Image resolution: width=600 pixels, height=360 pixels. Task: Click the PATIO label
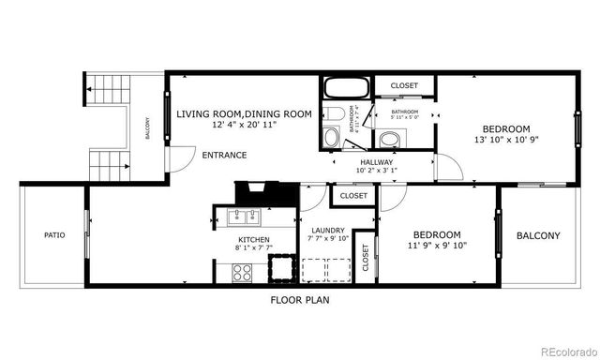(x=54, y=235)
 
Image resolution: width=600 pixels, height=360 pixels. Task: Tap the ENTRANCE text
(x=224, y=155)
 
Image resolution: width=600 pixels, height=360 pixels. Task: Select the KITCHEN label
(x=253, y=241)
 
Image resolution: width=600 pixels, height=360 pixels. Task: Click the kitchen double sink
(x=247, y=219)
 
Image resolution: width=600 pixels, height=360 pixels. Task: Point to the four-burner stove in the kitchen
(x=241, y=273)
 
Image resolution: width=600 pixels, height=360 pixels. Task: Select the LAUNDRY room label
(x=328, y=231)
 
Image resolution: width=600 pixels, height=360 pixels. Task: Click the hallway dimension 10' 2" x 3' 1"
(x=376, y=171)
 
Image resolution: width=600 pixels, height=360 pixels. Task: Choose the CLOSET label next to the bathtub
(x=405, y=86)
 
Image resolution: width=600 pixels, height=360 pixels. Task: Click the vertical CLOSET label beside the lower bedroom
(x=365, y=264)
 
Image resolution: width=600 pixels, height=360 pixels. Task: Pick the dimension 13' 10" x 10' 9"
(x=507, y=140)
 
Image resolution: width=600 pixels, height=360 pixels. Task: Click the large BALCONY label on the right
(x=538, y=236)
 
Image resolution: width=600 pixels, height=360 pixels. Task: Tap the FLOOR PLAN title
(x=300, y=301)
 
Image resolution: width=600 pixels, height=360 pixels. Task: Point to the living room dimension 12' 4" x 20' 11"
(x=244, y=124)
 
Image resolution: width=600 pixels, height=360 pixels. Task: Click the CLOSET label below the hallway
(x=353, y=196)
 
